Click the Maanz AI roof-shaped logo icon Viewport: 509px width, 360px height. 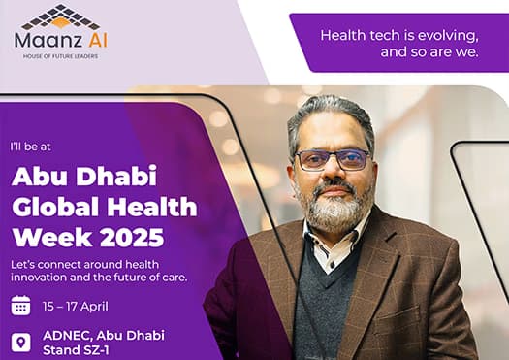pyautogui.click(x=61, y=16)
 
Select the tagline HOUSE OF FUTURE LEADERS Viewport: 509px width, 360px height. pyautogui.click(x=60, y=56)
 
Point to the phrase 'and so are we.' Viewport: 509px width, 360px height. pyautogui.click(x=429, y=52)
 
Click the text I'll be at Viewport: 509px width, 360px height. pyautogui.click(x=30, y=147)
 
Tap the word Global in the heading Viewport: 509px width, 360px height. pyautogui.click(x=55, y=207)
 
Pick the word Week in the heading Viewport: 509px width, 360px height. pyautogui.click(x=52, y=237)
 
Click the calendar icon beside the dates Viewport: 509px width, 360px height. pyautogui.click(x=20, y=306)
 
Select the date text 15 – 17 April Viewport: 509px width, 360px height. pyautogui.click(x=76, y=307)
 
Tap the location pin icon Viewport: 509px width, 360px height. pyautogui.click(x=21, y=343)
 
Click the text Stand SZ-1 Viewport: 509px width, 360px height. pyautogui.click(x=76, y=350)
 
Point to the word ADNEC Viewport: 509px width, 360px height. pyautogui.click(x=67, y=335)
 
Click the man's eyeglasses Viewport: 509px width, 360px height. pyautogui.click(x=333, y=160)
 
